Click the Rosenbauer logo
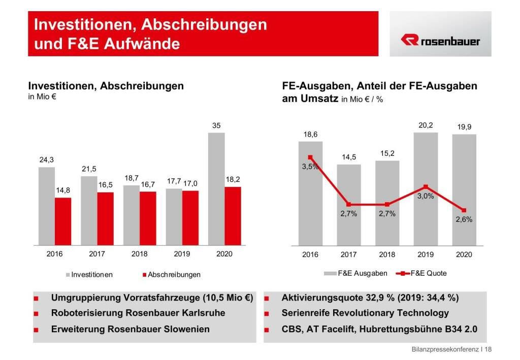point(440,41)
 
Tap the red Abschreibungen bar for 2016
point(63,221)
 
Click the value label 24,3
point(47,159)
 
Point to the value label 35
point(216,125)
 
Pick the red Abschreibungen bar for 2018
point(148,218)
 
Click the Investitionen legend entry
point(90,275)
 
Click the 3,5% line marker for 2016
point(310,157)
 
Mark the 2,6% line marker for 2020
point(464,210)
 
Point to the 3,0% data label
point(426,197)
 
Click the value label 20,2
point(425,125)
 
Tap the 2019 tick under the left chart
point(182,254)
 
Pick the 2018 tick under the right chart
point(387,254)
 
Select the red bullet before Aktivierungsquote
point(267,298)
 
